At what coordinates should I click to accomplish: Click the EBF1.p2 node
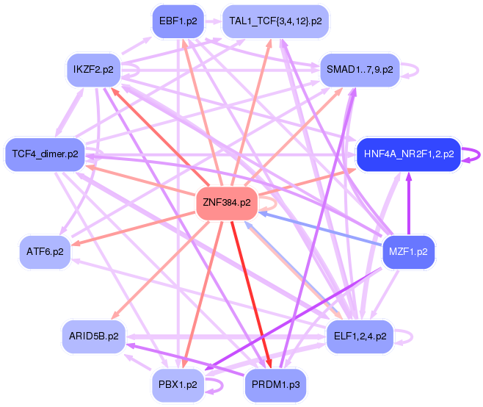[178, 21]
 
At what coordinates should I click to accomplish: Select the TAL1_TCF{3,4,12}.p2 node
[275, 21]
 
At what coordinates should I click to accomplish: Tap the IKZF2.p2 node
[93, 70]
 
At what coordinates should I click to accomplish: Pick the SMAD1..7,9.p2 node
[360, 70]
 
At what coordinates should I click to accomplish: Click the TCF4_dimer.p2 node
[45, 154]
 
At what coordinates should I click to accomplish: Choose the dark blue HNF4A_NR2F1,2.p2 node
[409, 154]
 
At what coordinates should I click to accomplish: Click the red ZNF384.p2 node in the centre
[227, 203]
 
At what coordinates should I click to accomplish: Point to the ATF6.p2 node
[45, 252]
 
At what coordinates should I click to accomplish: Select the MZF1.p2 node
[408, 252]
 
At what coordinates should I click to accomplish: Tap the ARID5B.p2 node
[94, 336]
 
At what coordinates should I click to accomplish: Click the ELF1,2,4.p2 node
[360, 336]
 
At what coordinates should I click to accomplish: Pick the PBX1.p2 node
[178, 385]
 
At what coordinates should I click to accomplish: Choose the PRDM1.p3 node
[275, 385]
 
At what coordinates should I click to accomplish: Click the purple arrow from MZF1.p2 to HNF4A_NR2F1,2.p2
[409, 203]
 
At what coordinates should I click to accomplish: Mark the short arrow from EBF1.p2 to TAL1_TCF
[213, 21]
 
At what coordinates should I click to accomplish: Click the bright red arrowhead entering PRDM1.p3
[269, 363]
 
